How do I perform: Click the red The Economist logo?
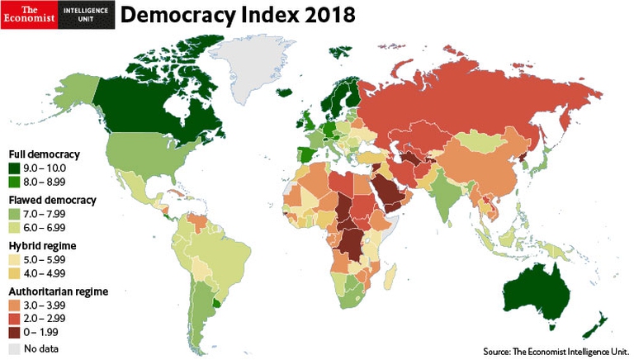(29, 14)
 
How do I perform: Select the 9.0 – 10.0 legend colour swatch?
(16, 168)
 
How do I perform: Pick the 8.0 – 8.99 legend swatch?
(16, 181)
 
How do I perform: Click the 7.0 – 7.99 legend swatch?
(16, 214)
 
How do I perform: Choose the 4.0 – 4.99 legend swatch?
(16, 272)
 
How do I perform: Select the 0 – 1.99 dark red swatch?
(16, 331)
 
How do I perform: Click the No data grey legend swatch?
(16, 348)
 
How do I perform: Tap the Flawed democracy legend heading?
(53, 201)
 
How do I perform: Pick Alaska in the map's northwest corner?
(78, 86)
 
